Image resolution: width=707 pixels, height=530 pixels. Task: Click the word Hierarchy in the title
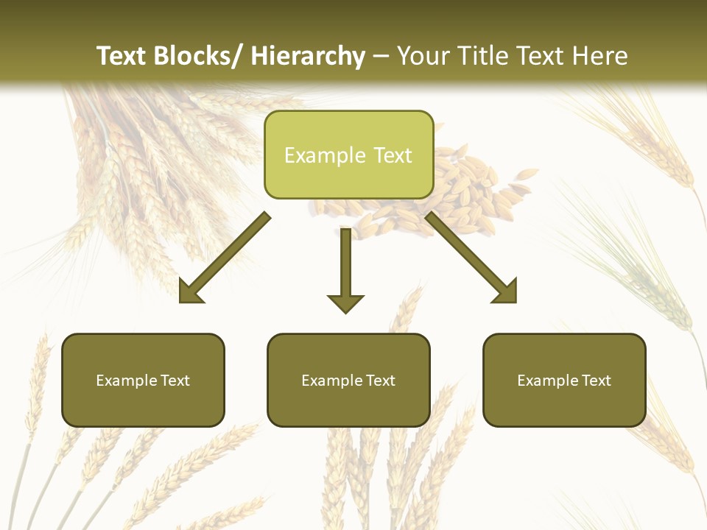pos(307,56)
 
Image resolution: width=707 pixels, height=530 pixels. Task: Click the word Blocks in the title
pos(192,56)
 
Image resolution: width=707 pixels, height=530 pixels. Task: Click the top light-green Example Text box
pos(348,155)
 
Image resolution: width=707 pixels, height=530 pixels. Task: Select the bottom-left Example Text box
pos(143,381)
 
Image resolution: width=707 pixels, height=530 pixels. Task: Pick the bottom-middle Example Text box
pos(348,381)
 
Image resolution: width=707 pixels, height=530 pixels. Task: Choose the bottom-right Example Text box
pos(564,381)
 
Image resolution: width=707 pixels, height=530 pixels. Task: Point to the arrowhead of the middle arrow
pos(345,303)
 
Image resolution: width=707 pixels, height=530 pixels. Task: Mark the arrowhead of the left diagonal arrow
pos(190,292)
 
